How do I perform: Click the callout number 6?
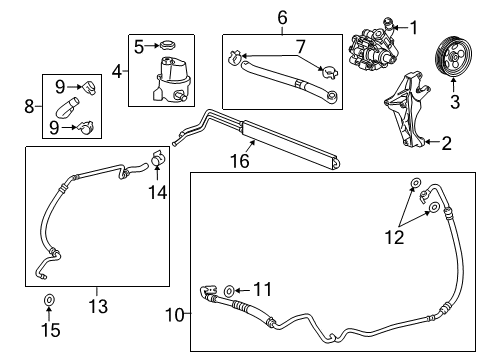click(283, 16)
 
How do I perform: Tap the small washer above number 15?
click(49, 300)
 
